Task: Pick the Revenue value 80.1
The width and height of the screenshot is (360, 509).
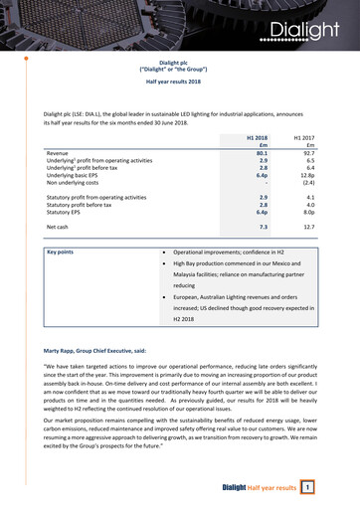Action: click(262, 151)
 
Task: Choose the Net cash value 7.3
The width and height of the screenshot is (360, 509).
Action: click(264, 228)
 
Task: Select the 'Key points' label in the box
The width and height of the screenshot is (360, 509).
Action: click(67, 254)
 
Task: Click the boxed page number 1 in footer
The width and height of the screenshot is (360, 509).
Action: click(308, 487)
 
